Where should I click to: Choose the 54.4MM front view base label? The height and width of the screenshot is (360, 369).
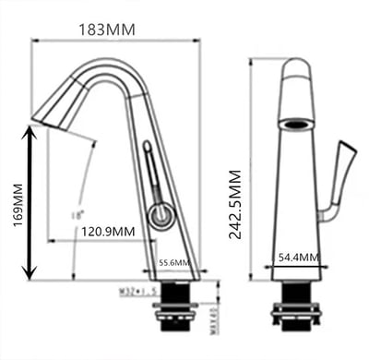click(297, 257)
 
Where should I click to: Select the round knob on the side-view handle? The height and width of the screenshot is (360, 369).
click(161, 217)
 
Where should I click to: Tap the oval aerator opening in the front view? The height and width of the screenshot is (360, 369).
click(296, 122)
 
